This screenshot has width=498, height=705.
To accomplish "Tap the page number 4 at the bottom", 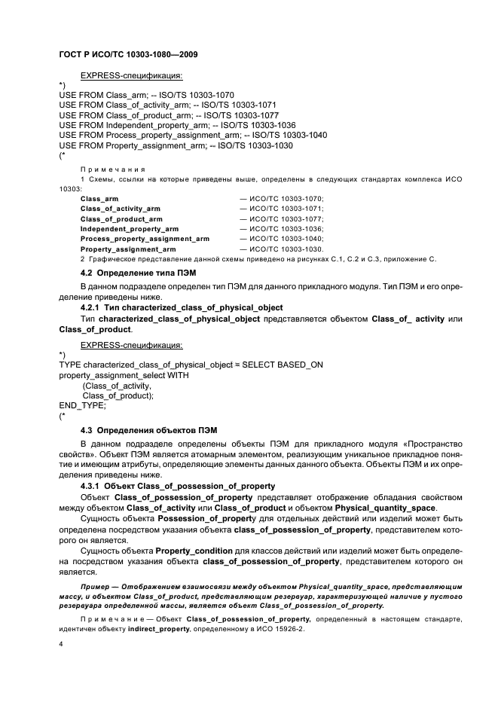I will coord(61,645).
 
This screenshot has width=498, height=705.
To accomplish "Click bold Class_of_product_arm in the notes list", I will coord(121,218).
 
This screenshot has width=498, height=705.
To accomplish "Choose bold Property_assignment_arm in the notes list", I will coord(128,249).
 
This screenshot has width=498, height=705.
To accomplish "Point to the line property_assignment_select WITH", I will coord(124,374).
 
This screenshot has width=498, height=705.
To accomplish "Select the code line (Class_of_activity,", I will coord(112,385).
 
